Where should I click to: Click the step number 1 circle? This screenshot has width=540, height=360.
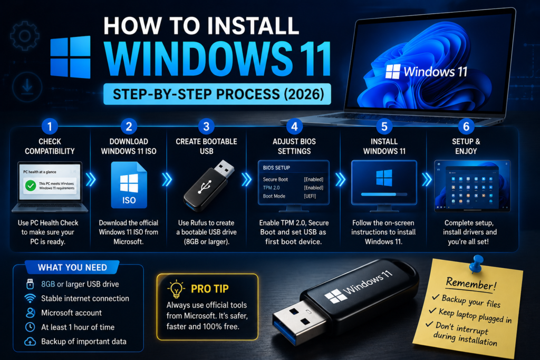(x=50, y=127)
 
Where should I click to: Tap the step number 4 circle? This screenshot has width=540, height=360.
(x=294, y=127)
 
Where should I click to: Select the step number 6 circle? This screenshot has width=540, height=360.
(x=466, y=127)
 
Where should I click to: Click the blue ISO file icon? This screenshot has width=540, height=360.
(x=129, y=185)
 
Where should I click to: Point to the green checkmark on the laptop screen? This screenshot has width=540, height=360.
(x=31, y=186)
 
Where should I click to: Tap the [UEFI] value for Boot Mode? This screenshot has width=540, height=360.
(x=310, y=196)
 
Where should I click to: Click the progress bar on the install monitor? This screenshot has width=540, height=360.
(x=384, y=194)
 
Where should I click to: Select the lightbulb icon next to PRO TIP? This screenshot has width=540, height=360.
(x=176, y=288)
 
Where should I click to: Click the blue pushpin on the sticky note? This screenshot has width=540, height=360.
(x=477, y=264)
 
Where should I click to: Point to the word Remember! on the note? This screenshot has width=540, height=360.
(x=471, y=284)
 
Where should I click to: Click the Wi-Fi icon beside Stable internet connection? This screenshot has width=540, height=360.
(x=30, y=298)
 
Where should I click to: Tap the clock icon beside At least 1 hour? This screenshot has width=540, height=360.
(x=30, y=327)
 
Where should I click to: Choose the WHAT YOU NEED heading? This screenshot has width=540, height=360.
(x=72, y=267)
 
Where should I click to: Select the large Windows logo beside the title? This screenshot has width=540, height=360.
(x=71, y=57)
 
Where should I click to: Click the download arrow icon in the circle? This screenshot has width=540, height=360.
(x=27, y=87)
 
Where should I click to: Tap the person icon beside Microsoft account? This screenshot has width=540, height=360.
(x=30, y=313)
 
